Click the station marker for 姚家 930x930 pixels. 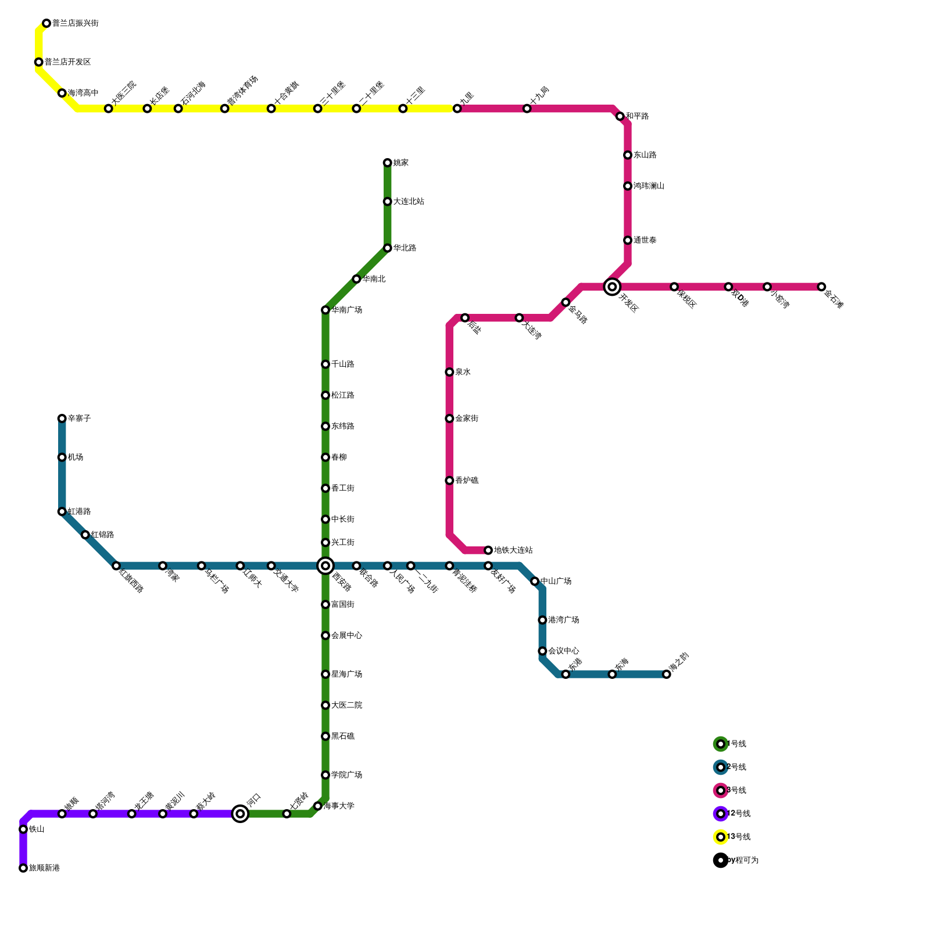388,163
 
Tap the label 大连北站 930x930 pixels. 409,202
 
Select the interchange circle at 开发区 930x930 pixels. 612,287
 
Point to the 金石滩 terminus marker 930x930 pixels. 821,287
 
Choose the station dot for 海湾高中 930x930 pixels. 62,93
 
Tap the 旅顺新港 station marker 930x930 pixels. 23,868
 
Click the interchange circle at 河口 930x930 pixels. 240,814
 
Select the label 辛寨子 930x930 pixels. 79,419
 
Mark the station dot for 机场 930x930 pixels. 62,457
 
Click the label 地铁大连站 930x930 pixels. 513,550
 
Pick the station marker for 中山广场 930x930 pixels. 535,581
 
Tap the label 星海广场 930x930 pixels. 347,674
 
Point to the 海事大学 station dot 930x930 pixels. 318,806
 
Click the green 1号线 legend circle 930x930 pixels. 721,744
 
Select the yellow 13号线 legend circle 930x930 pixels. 721,837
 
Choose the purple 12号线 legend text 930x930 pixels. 739,814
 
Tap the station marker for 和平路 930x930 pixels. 620,116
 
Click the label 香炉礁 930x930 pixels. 467,481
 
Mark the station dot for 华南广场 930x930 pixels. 325,310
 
